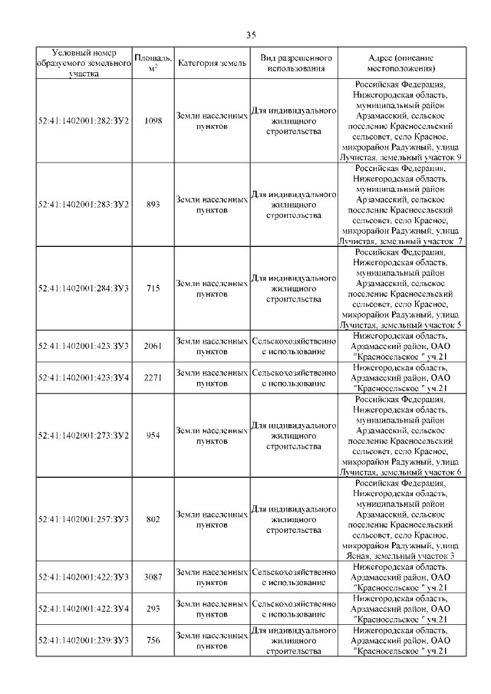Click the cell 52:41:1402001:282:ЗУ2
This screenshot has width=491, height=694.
coord(84,121)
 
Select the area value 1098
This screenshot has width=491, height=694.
coord(153,121)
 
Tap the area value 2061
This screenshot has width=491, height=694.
coord(153,347)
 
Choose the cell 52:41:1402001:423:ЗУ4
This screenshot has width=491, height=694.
coord(84,377)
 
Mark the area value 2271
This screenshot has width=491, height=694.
coord(153,377)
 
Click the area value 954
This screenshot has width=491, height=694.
coord(153,436)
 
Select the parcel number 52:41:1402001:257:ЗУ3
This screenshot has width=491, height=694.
coord(84,519)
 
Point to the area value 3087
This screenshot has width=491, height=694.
coord(153,577)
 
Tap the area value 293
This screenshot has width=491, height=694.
coord(153,609)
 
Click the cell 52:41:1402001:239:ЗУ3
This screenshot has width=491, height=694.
coord(84,640)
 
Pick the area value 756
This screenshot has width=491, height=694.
coord(153,640)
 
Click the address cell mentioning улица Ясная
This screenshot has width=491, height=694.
coord(401,519)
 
